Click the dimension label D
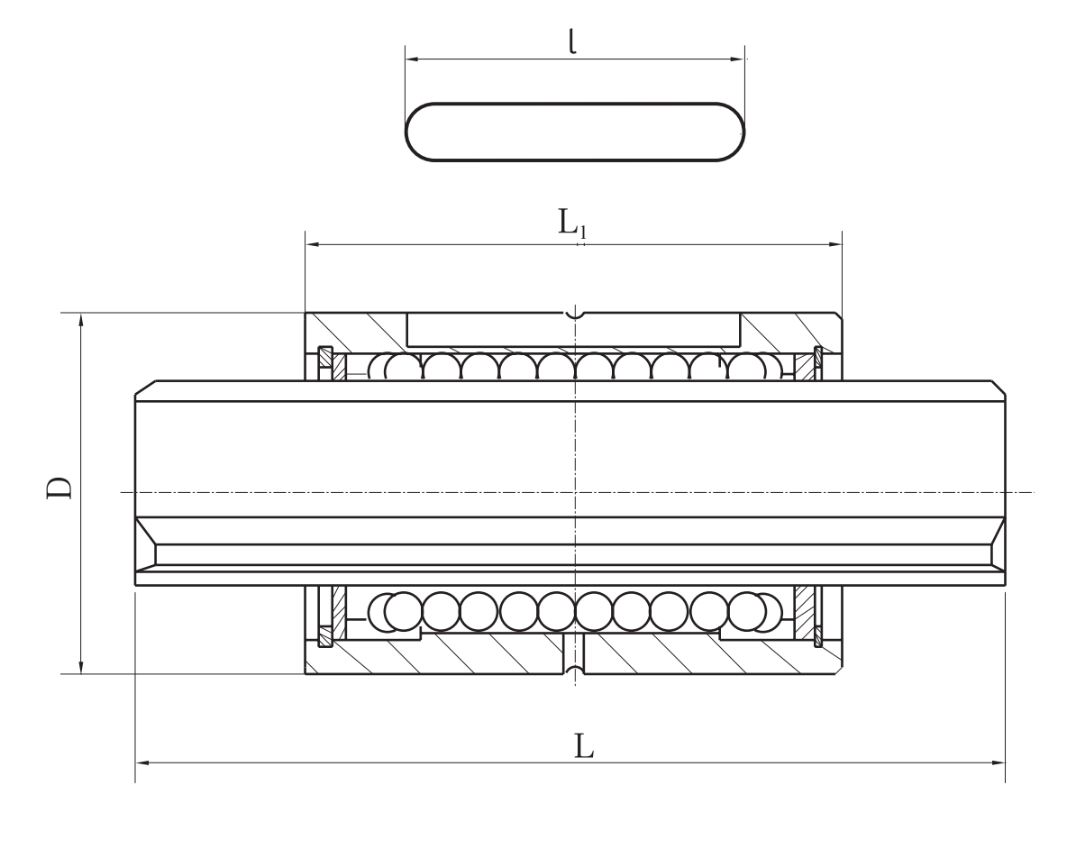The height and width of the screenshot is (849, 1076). point(59,488)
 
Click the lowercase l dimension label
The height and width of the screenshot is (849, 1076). point(572,41)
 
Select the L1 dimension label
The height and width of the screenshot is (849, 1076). point(571,223)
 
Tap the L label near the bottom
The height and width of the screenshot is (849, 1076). point(583,746)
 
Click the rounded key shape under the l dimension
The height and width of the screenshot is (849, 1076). point(575,132)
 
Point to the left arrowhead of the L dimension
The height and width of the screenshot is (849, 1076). point(142,762)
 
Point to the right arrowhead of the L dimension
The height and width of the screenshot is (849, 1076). point(998,762)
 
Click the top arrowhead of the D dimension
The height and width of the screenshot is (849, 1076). point(82,321)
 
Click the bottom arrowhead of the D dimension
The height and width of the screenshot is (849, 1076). point(82,666)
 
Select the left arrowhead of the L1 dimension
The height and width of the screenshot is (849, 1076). point(313,243)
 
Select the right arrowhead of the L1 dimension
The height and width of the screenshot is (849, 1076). point(834,243)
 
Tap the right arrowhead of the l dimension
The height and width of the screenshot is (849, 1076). point(738,59)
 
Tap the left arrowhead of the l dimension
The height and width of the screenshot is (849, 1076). point(413,59)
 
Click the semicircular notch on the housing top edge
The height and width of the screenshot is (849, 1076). point(575,315)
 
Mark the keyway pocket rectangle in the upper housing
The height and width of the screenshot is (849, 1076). point(574,330)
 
